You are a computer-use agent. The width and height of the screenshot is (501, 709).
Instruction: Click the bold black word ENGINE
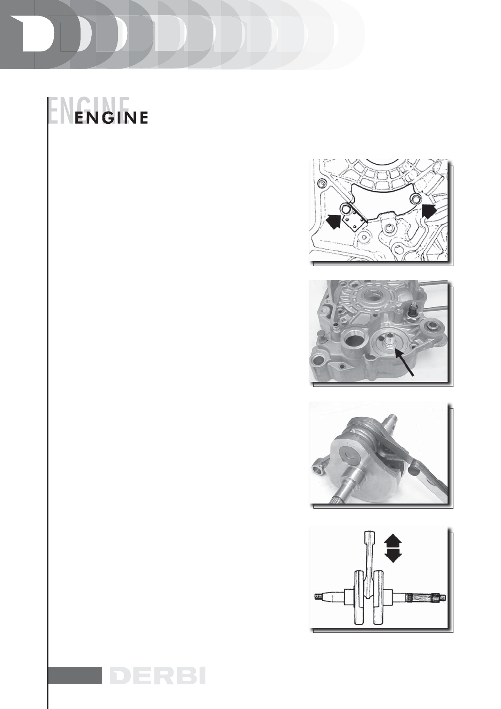[112, 118]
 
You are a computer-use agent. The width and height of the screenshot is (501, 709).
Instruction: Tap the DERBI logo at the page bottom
[157, 675]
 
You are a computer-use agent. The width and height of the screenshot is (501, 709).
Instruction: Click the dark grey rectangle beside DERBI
[75, 675]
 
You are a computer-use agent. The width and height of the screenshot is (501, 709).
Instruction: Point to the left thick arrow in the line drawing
[333, 220]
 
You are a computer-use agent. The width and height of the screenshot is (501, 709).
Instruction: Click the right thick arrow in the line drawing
[429, 211]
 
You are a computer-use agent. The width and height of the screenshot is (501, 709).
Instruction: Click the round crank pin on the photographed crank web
[346, 456]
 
